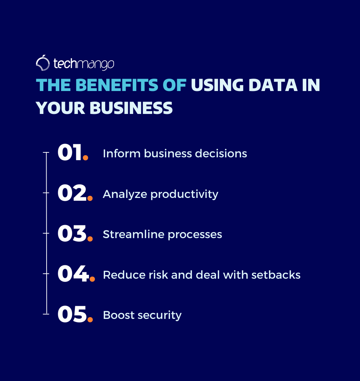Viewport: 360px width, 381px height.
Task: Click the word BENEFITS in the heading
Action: click(117, 85)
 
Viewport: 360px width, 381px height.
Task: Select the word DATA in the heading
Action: click(273, 85)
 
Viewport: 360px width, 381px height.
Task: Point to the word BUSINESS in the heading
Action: click(131, 108)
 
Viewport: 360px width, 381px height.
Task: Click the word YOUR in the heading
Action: click(60, 108)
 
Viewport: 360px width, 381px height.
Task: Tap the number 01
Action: click(69, 152)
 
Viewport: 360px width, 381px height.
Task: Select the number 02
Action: click(72, 193)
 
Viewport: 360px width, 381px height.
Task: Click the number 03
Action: click(72, 233)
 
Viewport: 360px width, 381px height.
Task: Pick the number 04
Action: click(73, 274)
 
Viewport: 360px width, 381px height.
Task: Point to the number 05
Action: click(72, 314)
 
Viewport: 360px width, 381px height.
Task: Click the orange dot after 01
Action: click(85, 158)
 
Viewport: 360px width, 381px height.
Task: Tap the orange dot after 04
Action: click(92, 279)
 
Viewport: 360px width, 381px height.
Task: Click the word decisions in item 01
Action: click(221, 153)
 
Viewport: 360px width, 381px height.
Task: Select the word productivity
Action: click(185, 195)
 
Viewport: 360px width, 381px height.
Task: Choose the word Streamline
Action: click(134, 235)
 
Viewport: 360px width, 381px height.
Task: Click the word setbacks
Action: click(276, 275)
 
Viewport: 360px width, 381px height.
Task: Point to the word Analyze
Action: click(125, 195)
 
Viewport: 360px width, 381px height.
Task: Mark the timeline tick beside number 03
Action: click(46, 233)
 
